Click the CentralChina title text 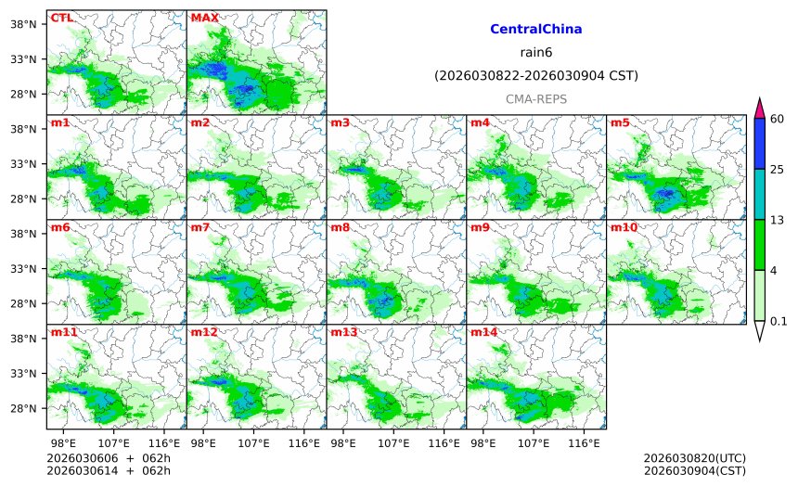(535, 29)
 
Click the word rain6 (535, 52)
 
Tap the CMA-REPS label (535, 98)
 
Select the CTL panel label (61, 18)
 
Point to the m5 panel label (620, 122)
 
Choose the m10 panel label (624, 227)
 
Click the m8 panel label (340, 227)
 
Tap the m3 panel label (340, 122)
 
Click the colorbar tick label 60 (778, 118)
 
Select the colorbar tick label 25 (778, 169)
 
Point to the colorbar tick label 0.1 (778, 321)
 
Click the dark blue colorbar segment (759, 143)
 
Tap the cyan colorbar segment (759, 194)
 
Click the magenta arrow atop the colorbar (759, 108)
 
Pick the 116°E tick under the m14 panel (583, 443)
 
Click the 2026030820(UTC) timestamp (694, 458)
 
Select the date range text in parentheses (535, 75)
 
